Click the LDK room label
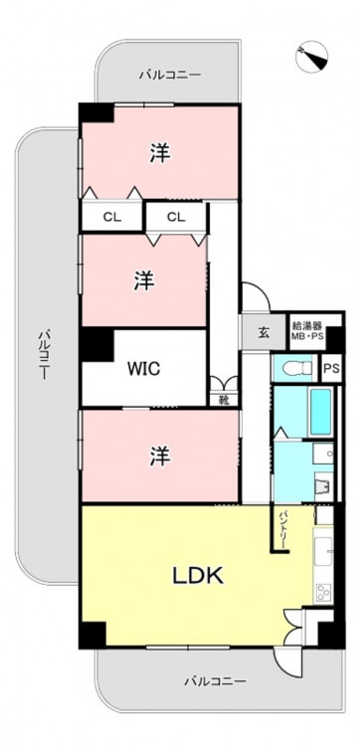[197, 577]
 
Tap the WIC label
[143, 369]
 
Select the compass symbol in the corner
[312, 57]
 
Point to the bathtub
[319, 412]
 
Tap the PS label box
[331, 369]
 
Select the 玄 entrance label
[265, 332]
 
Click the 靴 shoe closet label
[224, 400]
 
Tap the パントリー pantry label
[283, 529]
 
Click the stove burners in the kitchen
[322, 593]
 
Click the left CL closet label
[112, 218]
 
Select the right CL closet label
[176, 218]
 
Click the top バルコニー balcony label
[170, 75]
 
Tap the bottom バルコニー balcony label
[216, 681]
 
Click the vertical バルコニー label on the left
[44, 354]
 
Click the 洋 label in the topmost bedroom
[160, 153]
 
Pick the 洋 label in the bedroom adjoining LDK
[160, 457]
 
